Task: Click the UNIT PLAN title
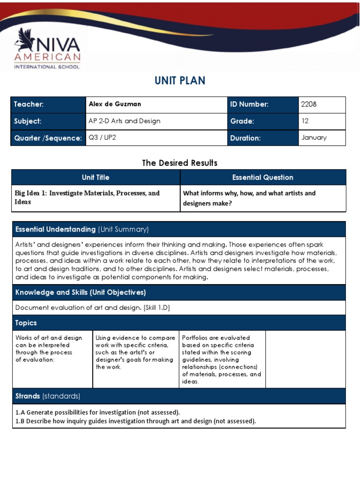[180, 81]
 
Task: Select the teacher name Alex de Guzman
[115, 104]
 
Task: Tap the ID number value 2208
[309, 104]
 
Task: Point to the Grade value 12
[305, 121]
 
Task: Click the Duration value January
[314, 138]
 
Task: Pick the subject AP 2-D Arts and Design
[124, 121]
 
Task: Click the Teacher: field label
[29, 104]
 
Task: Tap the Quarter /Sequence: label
[48, 138]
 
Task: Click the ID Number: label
[249, 104]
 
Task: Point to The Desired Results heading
[180, 163]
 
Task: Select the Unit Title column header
[96, 177]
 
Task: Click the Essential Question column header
[262, 177]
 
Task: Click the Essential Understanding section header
[82, 229]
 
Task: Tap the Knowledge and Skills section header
[81, 292]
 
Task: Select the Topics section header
[26, 323]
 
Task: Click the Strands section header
[48, 396]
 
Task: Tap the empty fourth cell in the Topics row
[306, 359]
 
